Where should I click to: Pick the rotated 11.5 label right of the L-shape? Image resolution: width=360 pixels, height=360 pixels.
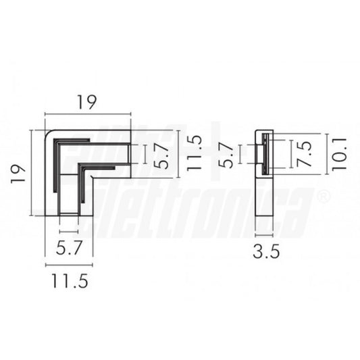click(194, 155)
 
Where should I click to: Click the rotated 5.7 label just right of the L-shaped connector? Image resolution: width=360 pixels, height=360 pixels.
click(160, 155)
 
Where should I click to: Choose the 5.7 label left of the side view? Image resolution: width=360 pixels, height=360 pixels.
click(228, 155)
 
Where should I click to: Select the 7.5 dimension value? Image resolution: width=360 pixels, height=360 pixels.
click(305, 155)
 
